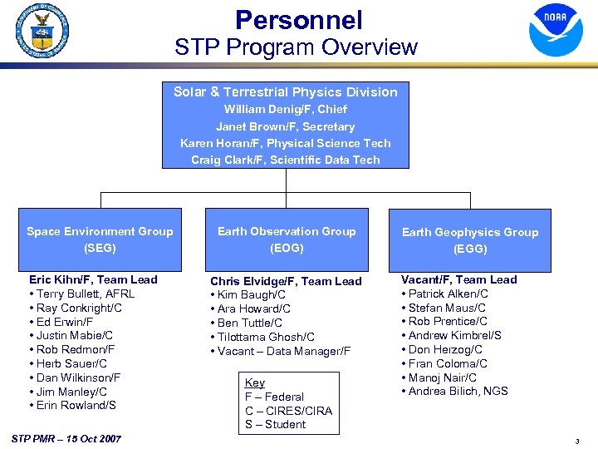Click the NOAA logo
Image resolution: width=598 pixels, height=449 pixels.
click(556, 30)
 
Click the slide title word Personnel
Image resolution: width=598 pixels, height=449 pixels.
click(298, 20)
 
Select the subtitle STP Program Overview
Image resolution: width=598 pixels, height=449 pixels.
click(296, 47)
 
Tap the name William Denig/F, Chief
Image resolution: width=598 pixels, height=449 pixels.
click(286, 109)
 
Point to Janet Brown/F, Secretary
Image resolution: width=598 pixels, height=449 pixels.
click(286, 126)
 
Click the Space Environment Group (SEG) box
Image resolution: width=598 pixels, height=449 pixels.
click(100, 239)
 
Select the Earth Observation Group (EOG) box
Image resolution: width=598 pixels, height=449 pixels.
click(287, 239)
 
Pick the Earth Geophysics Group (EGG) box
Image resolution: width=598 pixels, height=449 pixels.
click(470, 240)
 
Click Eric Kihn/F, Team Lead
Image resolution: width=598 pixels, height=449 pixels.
click(93, 279)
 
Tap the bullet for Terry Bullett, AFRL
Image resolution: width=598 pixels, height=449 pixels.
click(86, 294)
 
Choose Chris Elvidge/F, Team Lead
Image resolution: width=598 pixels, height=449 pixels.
click(286, 281)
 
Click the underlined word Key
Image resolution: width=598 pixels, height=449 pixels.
click(254, 382)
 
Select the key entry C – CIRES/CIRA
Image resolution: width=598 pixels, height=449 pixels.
click(288, 411)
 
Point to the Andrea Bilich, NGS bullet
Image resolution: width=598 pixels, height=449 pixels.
click(458, 391)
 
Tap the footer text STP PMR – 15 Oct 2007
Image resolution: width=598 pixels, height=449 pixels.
click(66, 438)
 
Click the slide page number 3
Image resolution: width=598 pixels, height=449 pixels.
click(577, 440)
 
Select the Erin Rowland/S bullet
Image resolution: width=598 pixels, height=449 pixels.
click(76, 405)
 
